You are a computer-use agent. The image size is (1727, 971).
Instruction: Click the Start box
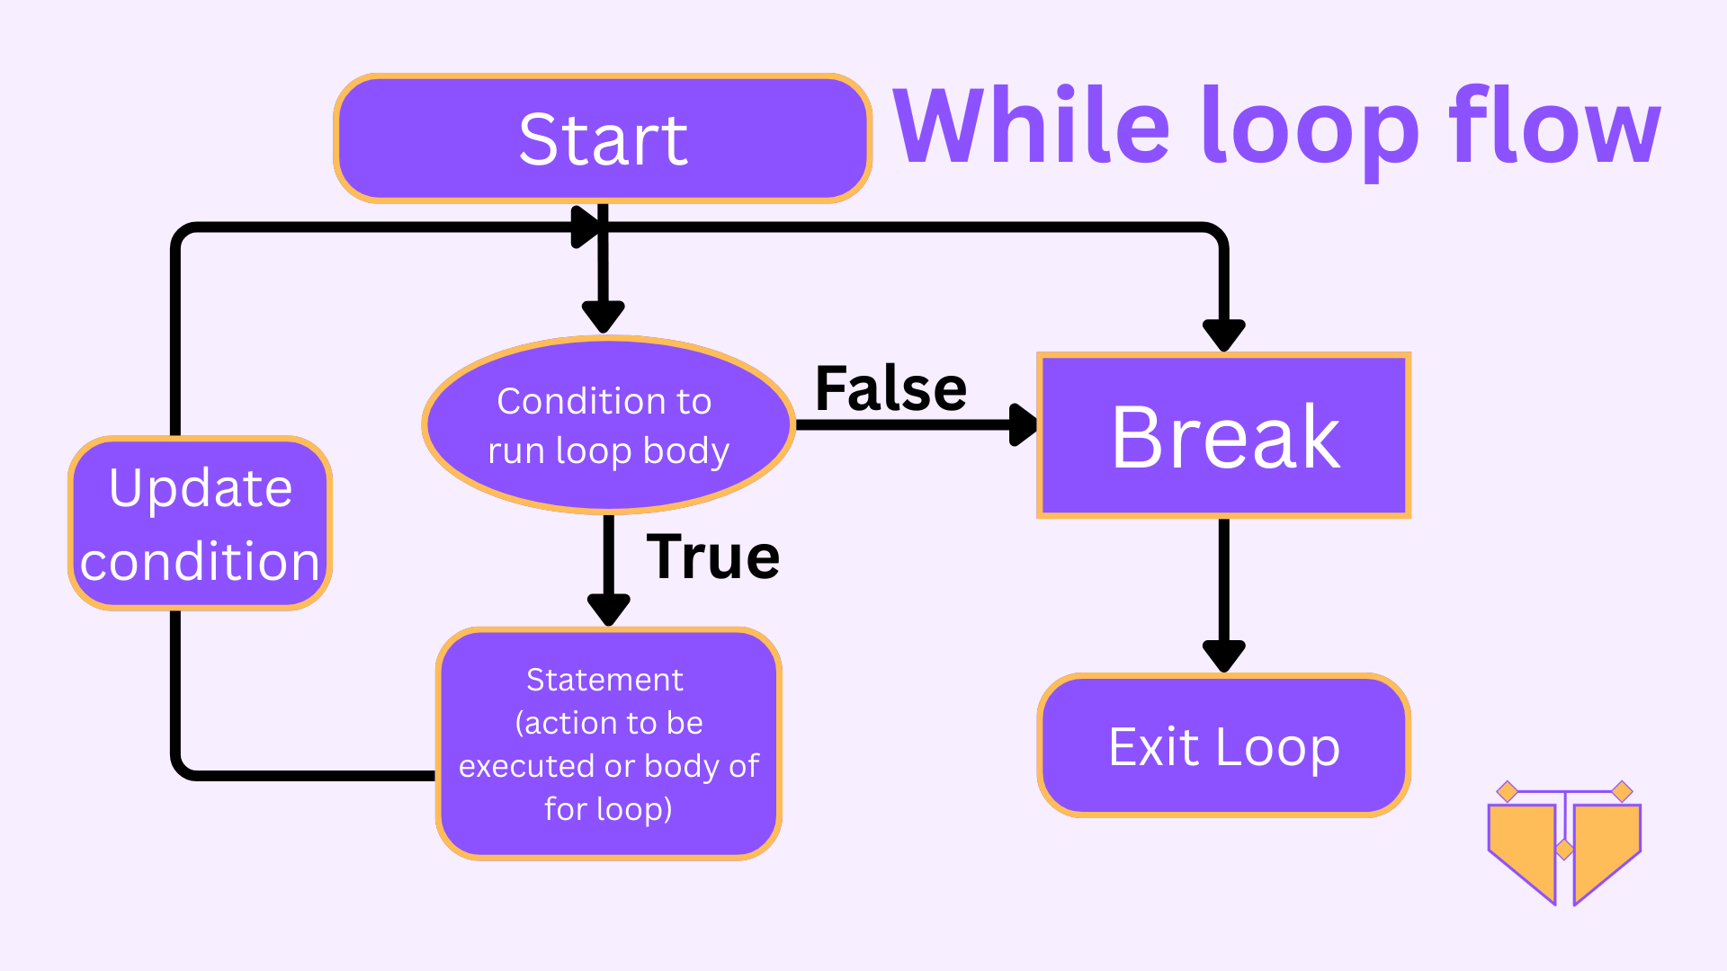[x=603, y=138]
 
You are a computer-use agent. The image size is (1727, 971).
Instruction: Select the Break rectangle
[x=1224, y=436]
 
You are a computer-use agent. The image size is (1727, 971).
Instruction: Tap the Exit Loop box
[x=1224, y=745]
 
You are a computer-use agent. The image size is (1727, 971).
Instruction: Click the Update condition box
[x=201, y=523]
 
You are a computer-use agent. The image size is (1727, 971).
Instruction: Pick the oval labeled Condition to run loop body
[x=609, y=425]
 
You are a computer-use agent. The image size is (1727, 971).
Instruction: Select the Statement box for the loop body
[x=609, y=744]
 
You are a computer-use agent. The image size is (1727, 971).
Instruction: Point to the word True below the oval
[x=712, y=557]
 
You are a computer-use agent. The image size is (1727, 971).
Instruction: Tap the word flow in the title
[x=1555, y=125]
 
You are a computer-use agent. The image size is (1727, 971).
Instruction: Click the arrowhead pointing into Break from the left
[x=1024, y=424]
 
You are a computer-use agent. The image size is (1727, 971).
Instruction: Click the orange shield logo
[x=1565, y=842]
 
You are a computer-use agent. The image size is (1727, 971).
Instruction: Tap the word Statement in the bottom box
[x=604, y=680]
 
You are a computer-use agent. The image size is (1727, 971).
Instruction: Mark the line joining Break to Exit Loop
[x=1224, y=580]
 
